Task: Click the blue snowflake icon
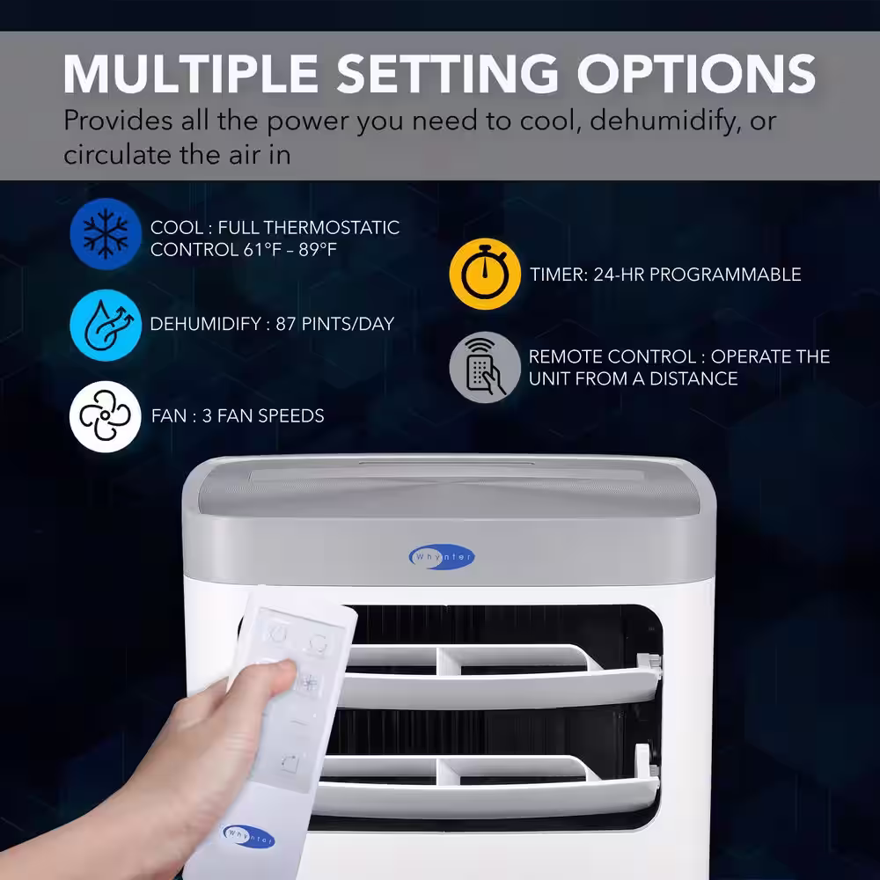click(106, 234)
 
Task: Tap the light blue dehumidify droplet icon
click(106, 325)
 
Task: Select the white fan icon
click(105, 416)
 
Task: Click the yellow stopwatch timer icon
click(485, 274)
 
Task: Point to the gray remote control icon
click(485, 367)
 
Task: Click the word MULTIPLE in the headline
click(191, 74)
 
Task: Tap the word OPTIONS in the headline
click(696, 74)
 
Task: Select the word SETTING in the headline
click(447, 74)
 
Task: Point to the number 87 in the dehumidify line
click(286, 324)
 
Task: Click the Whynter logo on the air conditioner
click(442, 557)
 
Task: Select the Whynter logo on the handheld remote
click(248, 836)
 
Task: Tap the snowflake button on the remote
click(308, 683)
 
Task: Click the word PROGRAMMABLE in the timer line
click(725, 275)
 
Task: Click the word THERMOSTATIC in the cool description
click(331, 227)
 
